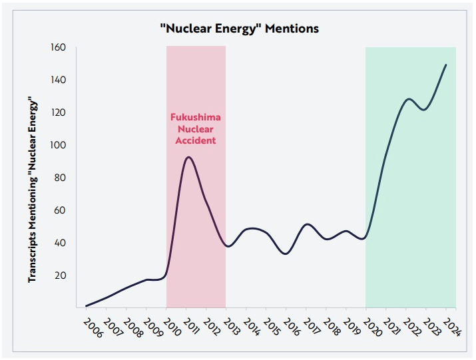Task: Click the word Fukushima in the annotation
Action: (196, 117)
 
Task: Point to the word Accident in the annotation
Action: (196, 141)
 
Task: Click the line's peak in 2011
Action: (189, 157)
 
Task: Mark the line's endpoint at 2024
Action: (446, 65)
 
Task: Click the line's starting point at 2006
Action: (86, 306)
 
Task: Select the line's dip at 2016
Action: (285, 254)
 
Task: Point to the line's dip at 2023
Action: (424, 109)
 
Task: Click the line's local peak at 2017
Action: (307, 224)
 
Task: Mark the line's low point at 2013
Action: (228, 246)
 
